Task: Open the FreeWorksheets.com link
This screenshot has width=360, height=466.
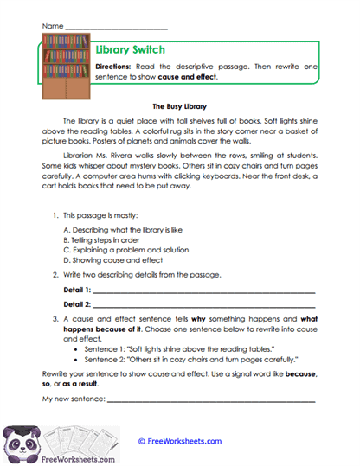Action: point(180,441)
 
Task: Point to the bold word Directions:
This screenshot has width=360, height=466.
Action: point(113,67)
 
